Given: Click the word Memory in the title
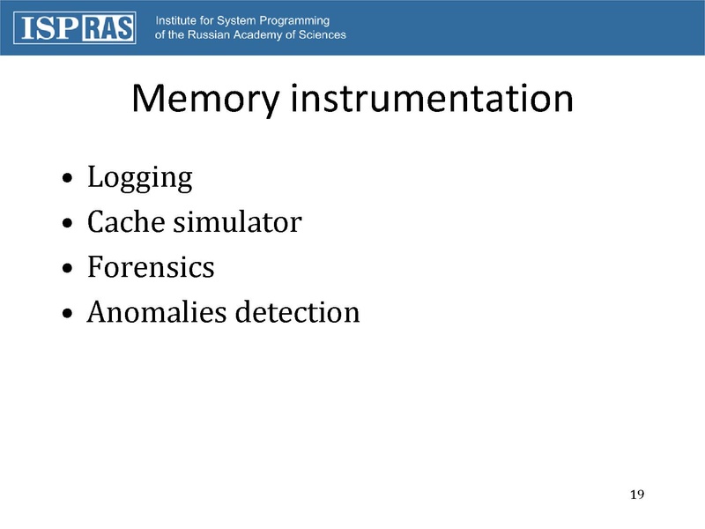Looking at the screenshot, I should point(205,100).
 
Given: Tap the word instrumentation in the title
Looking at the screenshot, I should point(432,100).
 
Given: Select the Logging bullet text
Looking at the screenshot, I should point(139,179).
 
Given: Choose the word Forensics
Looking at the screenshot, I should point(151,267).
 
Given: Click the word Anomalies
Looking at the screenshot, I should point(156,312).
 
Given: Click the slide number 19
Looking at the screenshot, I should point(637,493).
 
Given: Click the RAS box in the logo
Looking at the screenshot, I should point(108,28).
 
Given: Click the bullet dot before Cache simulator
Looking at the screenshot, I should point(69,225).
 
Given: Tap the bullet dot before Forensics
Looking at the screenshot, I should point(69,270).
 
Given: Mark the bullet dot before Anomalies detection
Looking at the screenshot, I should point(69,315).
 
